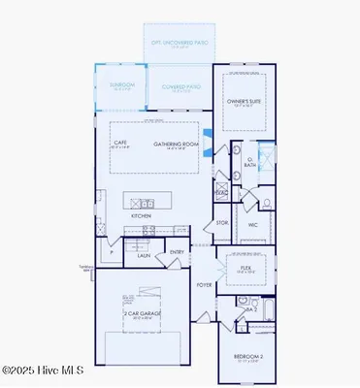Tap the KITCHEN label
coord(142,215)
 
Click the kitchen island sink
coord(147,204)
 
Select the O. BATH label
coord(249,163)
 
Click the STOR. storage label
coord(222,222)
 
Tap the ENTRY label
coord(177,252)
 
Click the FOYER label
coord(204,285)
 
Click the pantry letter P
coord(112,251)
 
